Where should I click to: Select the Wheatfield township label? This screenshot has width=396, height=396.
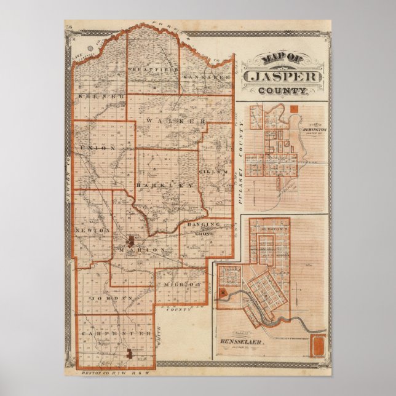pyautogui.click(x=152, y=69)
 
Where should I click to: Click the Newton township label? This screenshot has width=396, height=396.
pyautogui.click(x=92, y=229)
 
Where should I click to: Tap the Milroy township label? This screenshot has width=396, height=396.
pyautogui.click(x=183, y=285)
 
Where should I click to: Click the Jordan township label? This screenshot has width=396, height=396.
pyautogui.click(x=108, y=298)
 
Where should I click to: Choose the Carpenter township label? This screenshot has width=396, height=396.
pyautogui.click(x=117, y=333)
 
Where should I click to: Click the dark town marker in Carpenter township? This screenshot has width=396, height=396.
pyautogui.click(x=129, y=354)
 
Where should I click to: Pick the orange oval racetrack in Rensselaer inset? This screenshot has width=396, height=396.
pyautogui.click(x=318, y=346)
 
